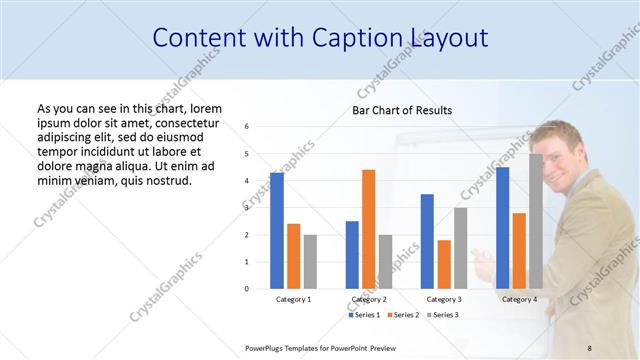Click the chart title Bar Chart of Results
[401, 110]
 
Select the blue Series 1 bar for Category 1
[276, 230]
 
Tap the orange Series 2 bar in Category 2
[368, 229]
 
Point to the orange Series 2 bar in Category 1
[293, 256]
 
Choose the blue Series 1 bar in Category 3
[427, 241]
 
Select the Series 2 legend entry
[401, 315]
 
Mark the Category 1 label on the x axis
[293, 299]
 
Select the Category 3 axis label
[444, 299]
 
